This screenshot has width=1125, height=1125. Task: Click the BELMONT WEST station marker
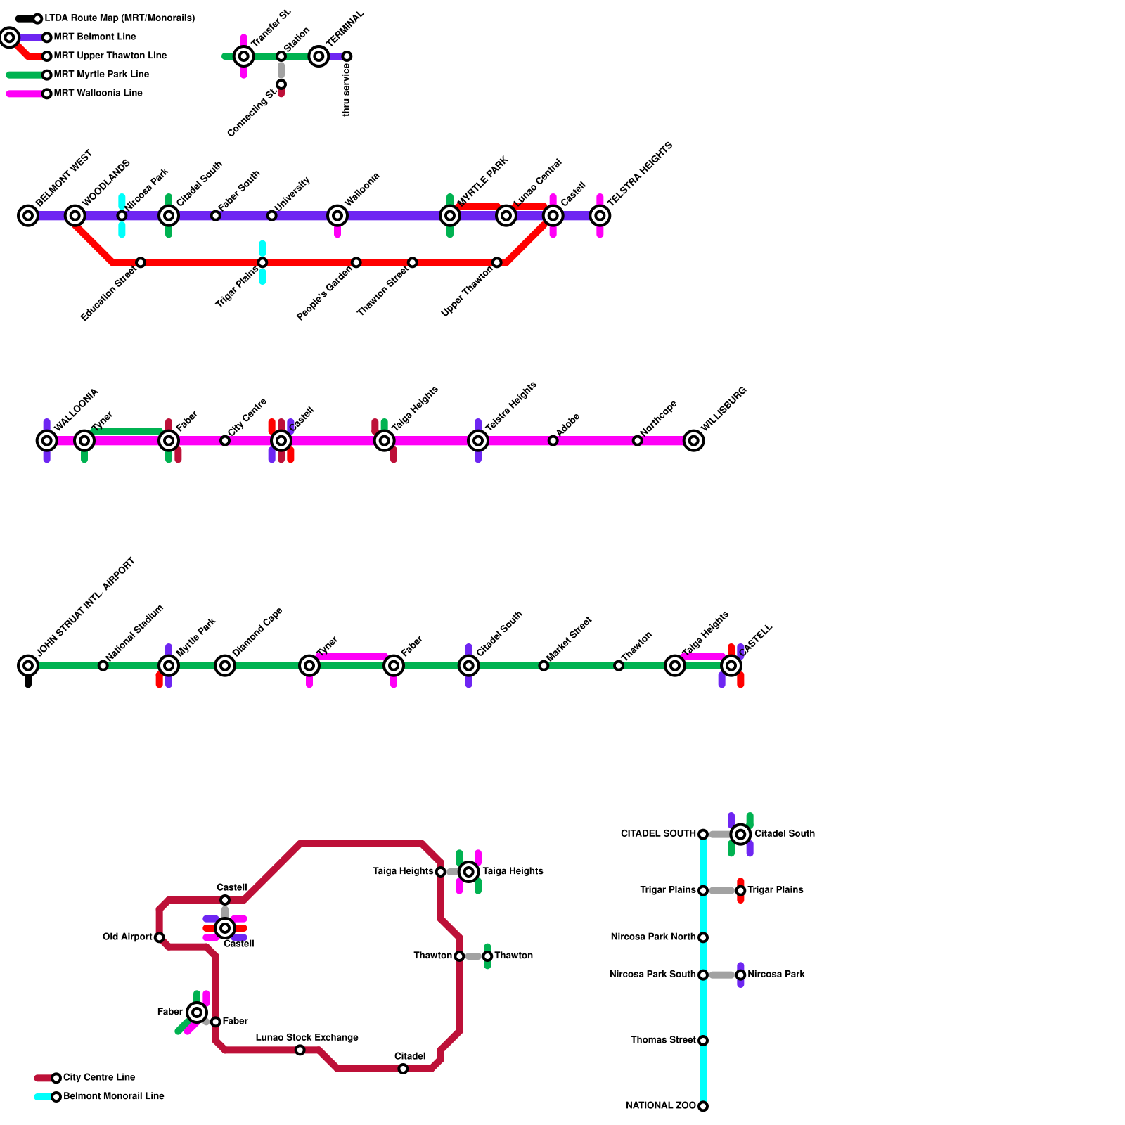click(x=28, y=216)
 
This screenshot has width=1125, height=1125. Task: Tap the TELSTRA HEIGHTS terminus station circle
click(x=600, y=216)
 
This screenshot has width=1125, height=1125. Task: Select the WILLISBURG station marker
click(x=694, y=441)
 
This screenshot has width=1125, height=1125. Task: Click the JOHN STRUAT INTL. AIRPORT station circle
click(x=28, y=665)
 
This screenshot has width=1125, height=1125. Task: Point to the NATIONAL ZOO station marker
click(x=703, y=1106)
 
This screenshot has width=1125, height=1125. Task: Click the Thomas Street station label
click(x=663, y=1040)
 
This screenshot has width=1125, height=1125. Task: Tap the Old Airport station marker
click(x=160, y=937)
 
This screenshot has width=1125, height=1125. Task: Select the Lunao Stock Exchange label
click(x=307, y=1038)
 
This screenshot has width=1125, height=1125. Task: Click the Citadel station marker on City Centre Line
click(x=403, y=1069)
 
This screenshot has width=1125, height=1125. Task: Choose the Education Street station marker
click(x=141, y=262)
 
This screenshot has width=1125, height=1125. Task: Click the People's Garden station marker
click(x=356, y=262)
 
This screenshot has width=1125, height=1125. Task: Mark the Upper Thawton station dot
click(x=497, y=262)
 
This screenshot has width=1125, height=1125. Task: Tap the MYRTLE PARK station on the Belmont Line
click(x=450, y=216)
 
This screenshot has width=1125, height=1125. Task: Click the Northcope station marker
click(x=638, y=441)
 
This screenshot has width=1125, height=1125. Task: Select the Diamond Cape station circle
click(x=225, y=665)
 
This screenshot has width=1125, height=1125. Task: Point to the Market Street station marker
click(x=544, y=665)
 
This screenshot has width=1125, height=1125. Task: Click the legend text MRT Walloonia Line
click(x=98, y=94)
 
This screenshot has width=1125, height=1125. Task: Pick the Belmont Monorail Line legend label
click(x=114, y=1096)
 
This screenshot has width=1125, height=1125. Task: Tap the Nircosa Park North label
click(x=653, y=937)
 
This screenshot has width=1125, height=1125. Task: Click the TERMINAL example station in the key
click(x=319, y=56)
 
